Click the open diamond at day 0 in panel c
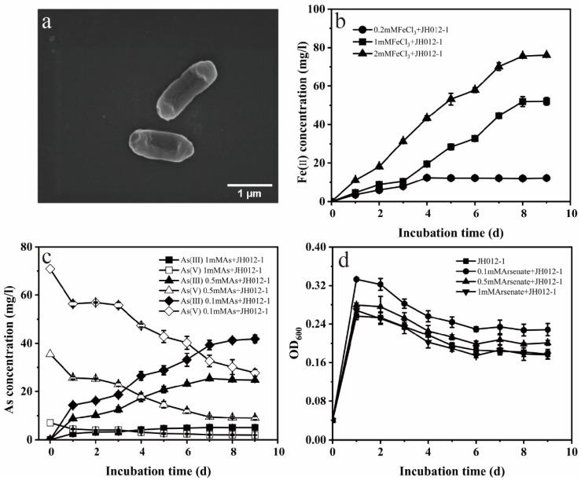50,269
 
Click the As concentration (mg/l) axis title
14,343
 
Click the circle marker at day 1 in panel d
356,279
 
